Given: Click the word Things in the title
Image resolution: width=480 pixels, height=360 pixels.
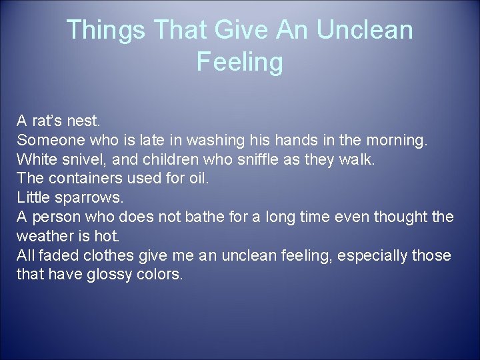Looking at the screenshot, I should (x=108, y=30).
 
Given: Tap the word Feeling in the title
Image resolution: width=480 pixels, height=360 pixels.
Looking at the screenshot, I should (x=240, y=63).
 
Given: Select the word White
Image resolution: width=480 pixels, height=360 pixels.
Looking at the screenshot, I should (x=35, y=160).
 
